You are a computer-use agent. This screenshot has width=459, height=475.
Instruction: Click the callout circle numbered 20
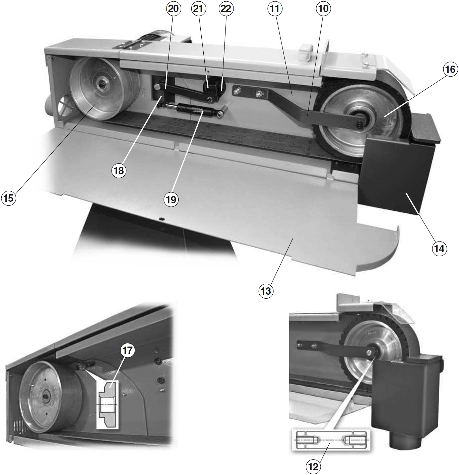(173, 9)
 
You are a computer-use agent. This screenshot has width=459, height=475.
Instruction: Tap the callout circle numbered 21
(198, 9)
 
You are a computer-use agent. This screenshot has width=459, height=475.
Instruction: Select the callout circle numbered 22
(225, 9)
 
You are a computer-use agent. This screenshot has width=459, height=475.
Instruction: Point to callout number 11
(274, 9)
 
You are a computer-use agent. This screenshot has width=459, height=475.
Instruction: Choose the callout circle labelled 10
(323, 9)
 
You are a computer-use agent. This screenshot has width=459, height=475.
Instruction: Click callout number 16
(450, 69)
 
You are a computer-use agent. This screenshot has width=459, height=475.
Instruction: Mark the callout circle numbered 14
(439, 249)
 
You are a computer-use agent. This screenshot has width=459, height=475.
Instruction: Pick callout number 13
(266, 291)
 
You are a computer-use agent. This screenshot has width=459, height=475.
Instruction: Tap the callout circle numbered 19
(171, 200)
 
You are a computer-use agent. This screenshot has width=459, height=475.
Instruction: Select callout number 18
(118, 171)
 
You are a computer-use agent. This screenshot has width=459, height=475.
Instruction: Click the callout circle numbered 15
(8, 198)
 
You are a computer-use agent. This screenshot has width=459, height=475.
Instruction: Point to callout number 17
(128, 351)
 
